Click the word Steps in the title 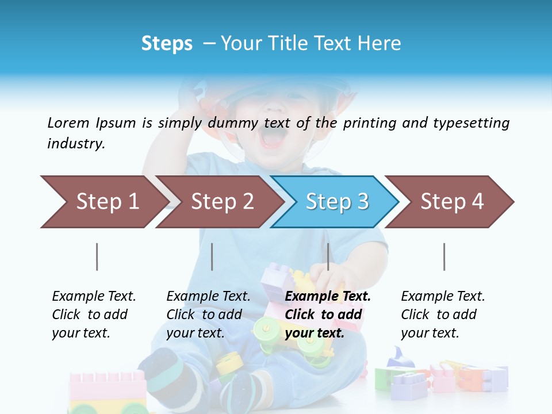click(167, 44)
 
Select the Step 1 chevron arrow click(103, 202)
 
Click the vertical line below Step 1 click(97, 256)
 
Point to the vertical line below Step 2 click(212, 256)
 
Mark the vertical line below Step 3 click(328, 256)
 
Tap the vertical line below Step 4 click(444, 256)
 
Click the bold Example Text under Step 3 click(327, 315)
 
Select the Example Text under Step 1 click(94, 315)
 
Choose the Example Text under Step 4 click(442, 315)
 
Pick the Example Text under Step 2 click(208, 315)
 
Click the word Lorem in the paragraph click(68, 122)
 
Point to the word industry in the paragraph click(76, 144)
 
